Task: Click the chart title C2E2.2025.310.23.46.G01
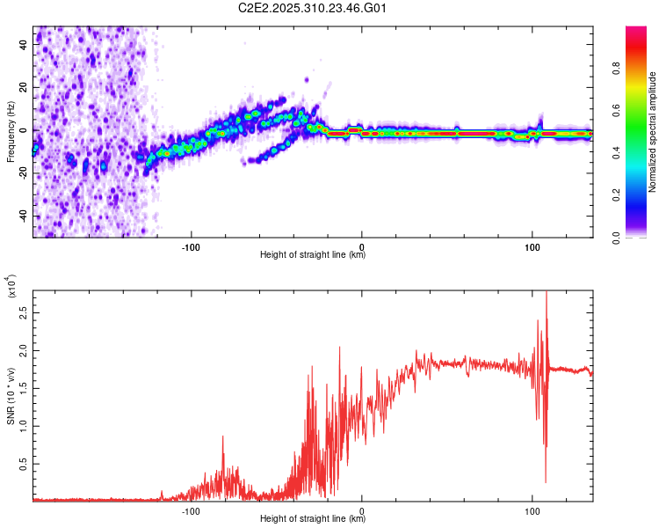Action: point(313,8)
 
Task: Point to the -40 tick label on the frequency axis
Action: point(24,216)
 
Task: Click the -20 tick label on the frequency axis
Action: point(24,172)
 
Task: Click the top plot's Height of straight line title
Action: point(313,255)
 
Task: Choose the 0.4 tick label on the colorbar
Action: point(641,153)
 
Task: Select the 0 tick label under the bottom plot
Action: point(362,509)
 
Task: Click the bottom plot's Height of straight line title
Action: point(313,519)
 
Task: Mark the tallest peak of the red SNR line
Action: point(547,293)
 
